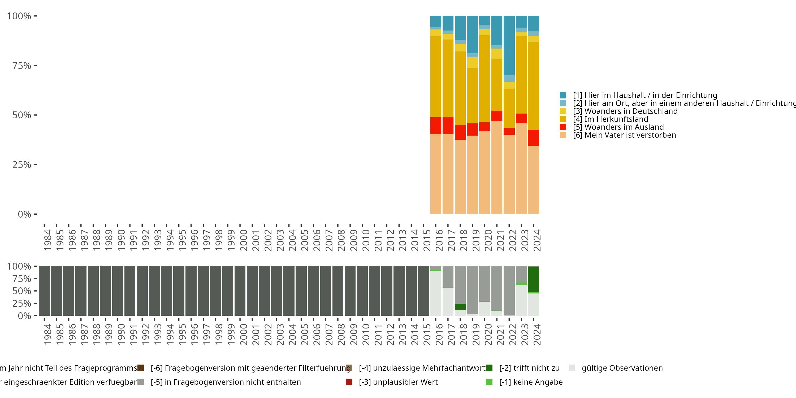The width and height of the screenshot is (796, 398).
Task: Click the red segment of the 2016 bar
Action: point(435,126)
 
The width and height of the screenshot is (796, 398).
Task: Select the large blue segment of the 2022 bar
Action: point(509,45)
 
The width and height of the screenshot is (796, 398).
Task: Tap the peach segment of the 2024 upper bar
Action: point(533,180)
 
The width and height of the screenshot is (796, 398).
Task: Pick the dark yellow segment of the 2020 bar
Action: point(484,79)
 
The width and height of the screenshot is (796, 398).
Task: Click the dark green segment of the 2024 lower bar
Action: point(533,279)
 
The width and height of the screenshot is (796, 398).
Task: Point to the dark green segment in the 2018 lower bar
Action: point(460,307)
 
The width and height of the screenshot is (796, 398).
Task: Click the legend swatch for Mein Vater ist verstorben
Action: point(563,135)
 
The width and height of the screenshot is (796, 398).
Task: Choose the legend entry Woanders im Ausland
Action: point(624,127)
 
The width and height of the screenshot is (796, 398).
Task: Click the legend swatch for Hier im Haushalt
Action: point(563,95)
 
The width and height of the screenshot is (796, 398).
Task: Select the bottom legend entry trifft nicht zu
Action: point(529,368)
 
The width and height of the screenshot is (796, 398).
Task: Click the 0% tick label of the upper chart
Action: point(24,214)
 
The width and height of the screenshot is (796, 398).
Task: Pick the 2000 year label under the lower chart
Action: point(244,334)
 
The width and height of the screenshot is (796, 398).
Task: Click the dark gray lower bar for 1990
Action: point(118,291)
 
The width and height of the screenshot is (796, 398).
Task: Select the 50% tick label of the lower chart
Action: point(22,291)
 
